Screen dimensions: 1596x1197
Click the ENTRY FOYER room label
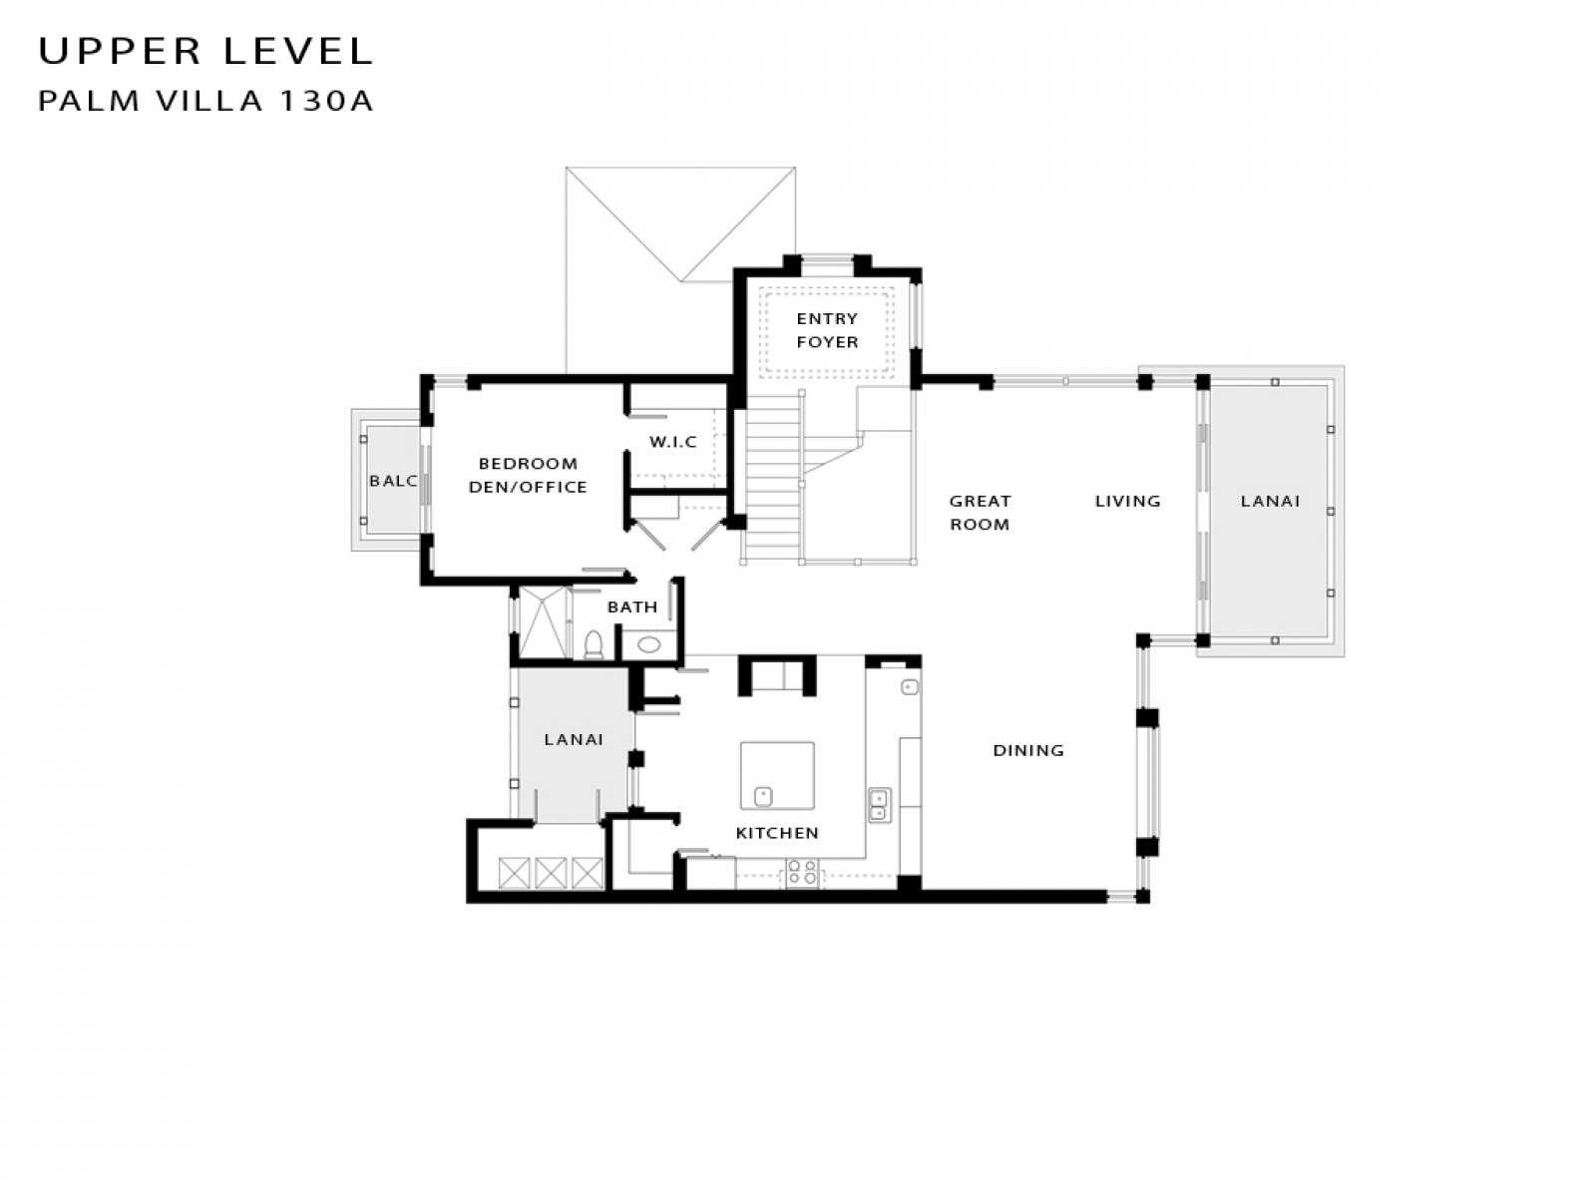pos(827,330)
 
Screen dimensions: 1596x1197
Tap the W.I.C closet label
pos(672,441)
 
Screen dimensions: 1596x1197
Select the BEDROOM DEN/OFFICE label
pos(527,476)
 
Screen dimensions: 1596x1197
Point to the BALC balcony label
pos(393,481)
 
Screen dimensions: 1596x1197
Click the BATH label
pos(631,606)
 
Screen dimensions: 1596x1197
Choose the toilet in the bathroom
pos(595,644)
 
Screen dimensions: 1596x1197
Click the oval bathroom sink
pos(648,644)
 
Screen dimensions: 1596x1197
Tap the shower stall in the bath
pos(544,622)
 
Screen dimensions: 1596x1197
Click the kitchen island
pos(777,775)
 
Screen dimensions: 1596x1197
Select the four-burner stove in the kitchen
pos(802,872)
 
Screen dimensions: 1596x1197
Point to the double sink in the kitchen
pos(879,805)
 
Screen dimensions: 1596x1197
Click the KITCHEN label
pos(777,833)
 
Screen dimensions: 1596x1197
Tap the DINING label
pos(1028,750)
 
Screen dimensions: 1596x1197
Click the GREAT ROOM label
pos(980,513)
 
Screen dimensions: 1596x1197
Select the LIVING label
pos(1128,501)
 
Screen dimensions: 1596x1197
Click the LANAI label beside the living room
pos(1270,501)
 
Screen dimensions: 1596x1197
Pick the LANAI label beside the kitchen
pos(574,739)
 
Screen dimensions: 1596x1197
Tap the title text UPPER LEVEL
pos(205,51)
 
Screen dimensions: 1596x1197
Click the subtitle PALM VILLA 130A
pos(205,101)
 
